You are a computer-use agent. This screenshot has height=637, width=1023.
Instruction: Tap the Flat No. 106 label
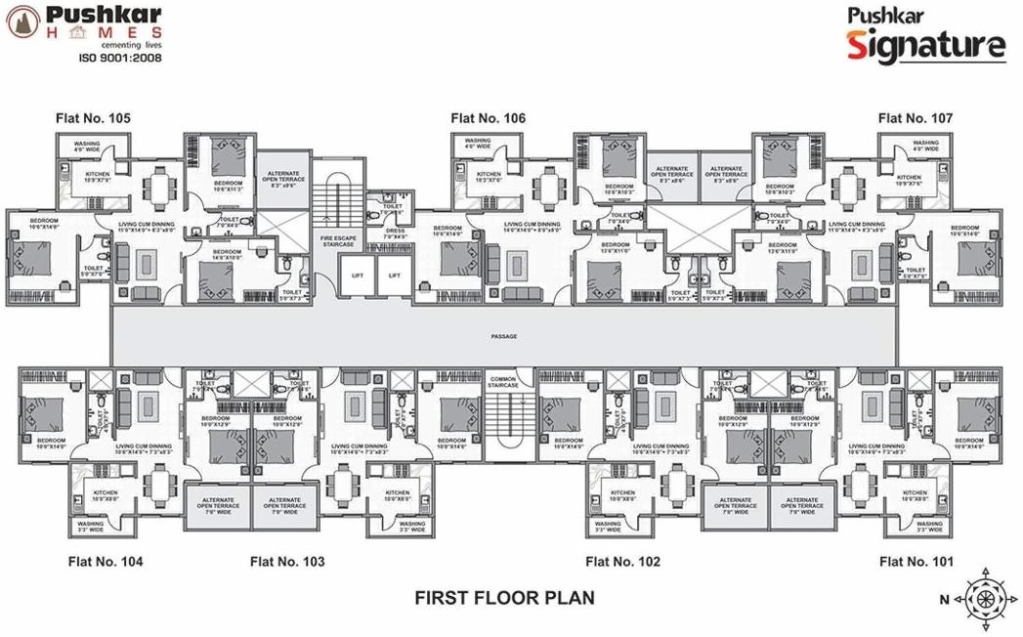(488, 118)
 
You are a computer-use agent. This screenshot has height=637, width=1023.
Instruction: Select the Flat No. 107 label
(915, 118)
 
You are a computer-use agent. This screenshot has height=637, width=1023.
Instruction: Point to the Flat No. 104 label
(106, 562)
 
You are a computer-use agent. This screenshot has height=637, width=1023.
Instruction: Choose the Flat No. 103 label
(287, 562)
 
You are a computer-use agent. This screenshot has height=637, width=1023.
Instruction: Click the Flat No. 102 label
(622, 562)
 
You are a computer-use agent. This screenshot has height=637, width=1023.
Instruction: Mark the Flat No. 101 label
(916, 562)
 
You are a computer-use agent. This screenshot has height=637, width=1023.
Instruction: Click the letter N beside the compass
(945, 598)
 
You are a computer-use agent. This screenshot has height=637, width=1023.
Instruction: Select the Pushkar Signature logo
(924, 36)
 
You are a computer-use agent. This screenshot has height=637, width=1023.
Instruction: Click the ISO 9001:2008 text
(120, 58)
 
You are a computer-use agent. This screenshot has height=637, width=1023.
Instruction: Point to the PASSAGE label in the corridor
(504, 337)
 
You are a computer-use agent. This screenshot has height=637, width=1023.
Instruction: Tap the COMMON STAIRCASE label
(503, 382)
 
